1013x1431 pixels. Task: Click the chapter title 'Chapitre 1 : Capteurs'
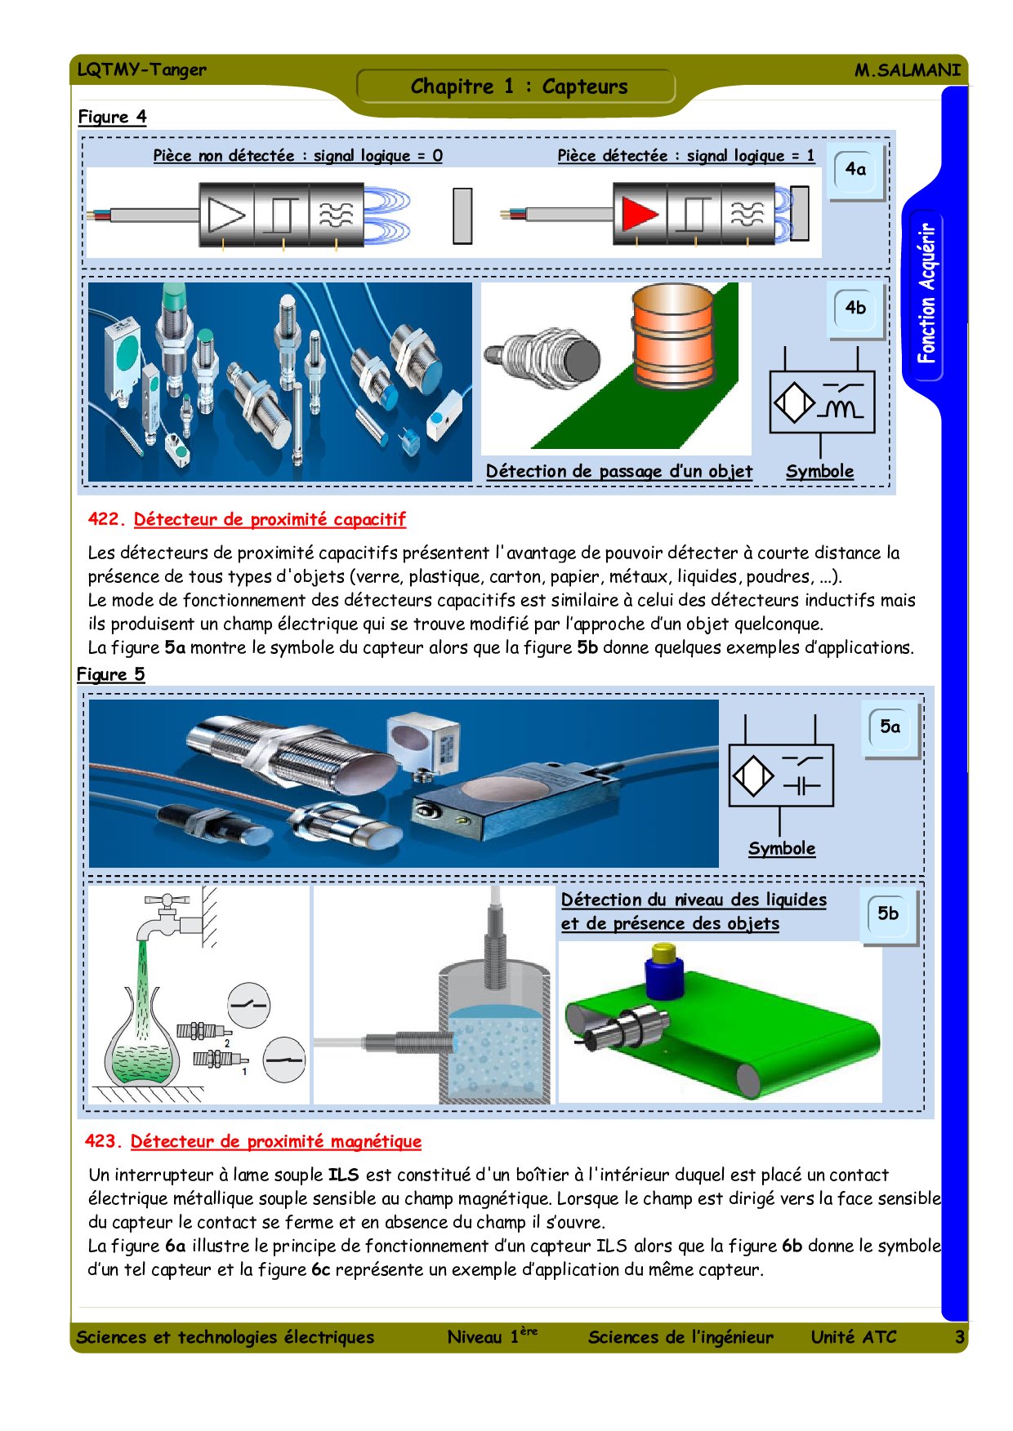pyautogui.click(x=519, y=87)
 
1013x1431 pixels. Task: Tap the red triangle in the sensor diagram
pyautogui.click(x=639, y=215)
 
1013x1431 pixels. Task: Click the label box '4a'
pyautogui.click(x=855, y=170)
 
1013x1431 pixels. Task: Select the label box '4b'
pyautogui.click(x=855, y=309)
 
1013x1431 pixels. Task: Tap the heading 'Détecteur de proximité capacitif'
pyautogui.click(x=270, y=520)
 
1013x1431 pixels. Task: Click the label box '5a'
pyautogui.click(x=890, y=727)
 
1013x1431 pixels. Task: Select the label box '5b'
pyautogui.click(x=888, y=914)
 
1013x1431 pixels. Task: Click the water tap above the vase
pyautogui.click(x=167, y=918)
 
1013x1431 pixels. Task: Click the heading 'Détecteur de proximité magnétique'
pyautogui.click(x=275, y=1142)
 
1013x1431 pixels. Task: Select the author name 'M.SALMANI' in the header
pyautogui.click(x=907, y=70)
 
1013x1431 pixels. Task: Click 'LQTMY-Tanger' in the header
pyautogui.click(x=141, y=70)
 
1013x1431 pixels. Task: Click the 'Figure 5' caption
pyautogui.click(x=110, y=674)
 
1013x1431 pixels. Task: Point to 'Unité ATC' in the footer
pyautogui.click(x=853, y=1337)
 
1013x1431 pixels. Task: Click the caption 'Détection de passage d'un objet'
pyautogui.click(x=618, y=472)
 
